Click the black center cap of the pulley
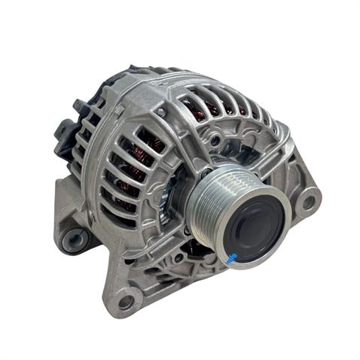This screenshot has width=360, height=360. [255, 225]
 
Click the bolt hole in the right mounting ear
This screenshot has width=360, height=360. [307, 202]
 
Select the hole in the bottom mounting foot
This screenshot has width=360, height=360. [125, 301]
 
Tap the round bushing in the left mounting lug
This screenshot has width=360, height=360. [72, 240]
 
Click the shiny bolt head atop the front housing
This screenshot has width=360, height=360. [160, 112]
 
